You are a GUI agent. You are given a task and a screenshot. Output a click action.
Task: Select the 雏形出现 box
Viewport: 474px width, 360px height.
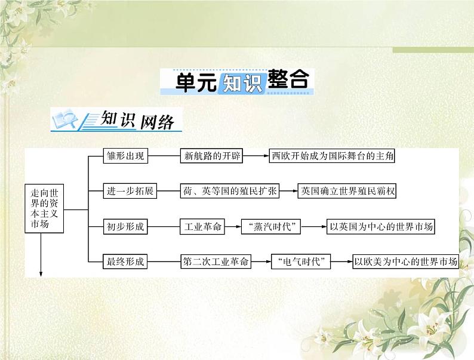(x=125, y=156)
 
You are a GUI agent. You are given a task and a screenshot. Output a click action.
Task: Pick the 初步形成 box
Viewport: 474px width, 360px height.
(x=125, y=226)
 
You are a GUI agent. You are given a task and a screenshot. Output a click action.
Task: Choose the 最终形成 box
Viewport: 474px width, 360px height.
(x=125, y=261)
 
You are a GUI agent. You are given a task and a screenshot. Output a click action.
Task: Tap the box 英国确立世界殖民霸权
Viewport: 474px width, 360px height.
(x=347, y=191)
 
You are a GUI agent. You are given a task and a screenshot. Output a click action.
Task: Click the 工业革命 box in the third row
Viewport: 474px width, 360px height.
(x=204, y=226)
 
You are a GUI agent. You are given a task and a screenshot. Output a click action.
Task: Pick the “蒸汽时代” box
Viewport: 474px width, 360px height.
(x=270, y=226)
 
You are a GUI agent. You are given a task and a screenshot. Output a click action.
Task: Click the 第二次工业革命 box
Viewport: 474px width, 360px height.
(x=216, y=261)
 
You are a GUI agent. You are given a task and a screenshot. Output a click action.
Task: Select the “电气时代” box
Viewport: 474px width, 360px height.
(x=301, y=261)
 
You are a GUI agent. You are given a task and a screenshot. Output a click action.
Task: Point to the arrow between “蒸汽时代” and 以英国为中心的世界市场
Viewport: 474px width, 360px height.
(x=314, y=226)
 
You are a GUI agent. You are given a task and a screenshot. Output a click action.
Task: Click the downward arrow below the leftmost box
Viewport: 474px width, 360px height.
(x=42, y=263)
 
